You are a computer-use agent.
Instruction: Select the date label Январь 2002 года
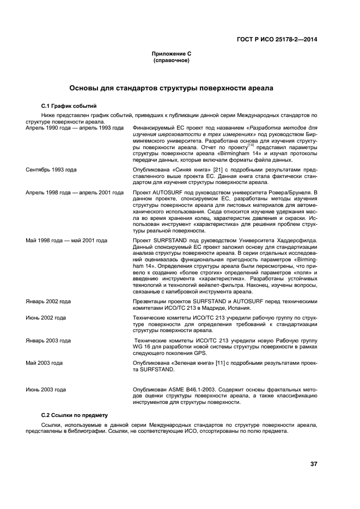(x=48, y=301)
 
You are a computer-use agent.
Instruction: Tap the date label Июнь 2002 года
(x=46, y=317)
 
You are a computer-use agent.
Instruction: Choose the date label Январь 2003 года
(x=48, y=340)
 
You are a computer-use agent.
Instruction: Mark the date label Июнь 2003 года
(x=46, y=390)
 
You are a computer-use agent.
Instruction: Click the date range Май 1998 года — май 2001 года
(x=66, y=240)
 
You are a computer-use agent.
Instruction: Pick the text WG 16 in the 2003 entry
(x=142, y=346)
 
